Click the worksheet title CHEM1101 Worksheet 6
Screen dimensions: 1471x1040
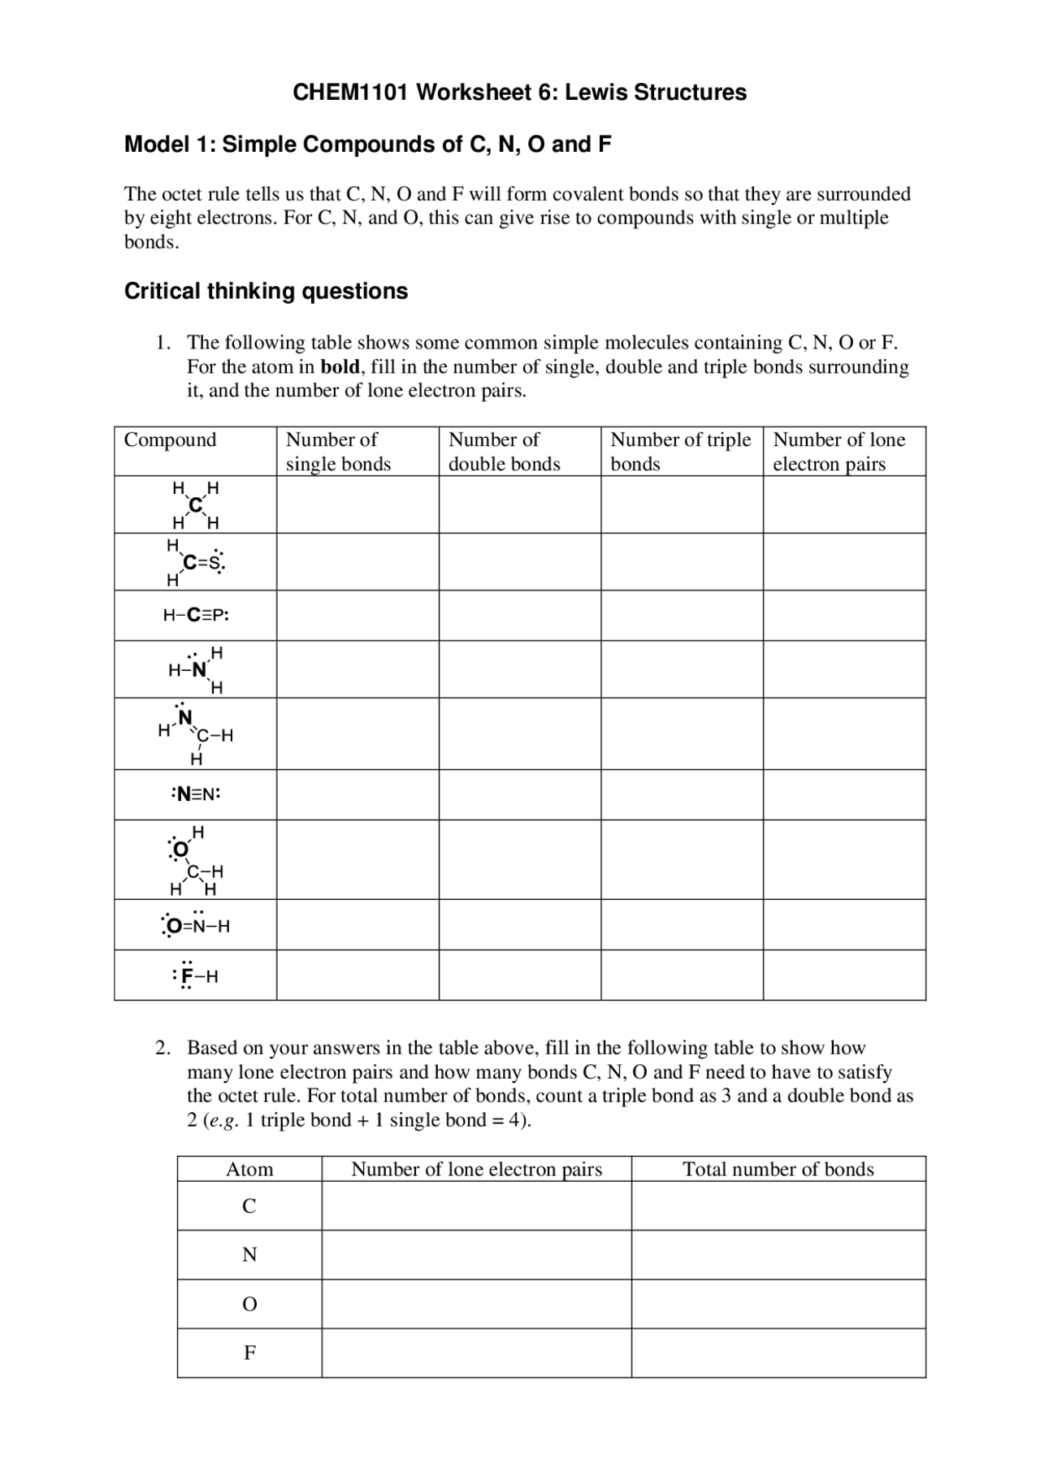(519, 93)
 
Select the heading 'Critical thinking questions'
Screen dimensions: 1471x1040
(266, 291)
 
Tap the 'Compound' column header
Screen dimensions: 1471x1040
(170, 440)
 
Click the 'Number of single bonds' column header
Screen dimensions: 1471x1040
(338, 452)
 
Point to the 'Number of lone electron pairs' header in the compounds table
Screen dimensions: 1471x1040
(838, 452)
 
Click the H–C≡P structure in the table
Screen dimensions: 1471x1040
(196, 616)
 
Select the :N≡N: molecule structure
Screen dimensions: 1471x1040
(196, 794)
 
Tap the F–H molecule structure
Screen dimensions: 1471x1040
(196, 976)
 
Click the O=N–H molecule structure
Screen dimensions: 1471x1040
(196, 925)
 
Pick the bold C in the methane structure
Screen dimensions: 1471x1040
(195, 505)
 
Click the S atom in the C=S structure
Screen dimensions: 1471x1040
(214, 563)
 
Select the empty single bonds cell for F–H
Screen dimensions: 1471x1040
(357, 976)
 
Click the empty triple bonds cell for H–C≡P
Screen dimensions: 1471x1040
(682, 616)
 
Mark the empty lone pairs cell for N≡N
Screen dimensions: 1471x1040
(844, 794)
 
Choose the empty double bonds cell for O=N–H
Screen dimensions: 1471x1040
(520, 925)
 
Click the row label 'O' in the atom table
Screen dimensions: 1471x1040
(249, 1304)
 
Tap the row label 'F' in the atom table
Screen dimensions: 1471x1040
(249, 1353)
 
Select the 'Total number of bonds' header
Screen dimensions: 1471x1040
(778, 1170)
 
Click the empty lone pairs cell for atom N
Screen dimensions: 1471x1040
(476, 1255)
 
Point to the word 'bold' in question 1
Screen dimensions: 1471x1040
(340, 367)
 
